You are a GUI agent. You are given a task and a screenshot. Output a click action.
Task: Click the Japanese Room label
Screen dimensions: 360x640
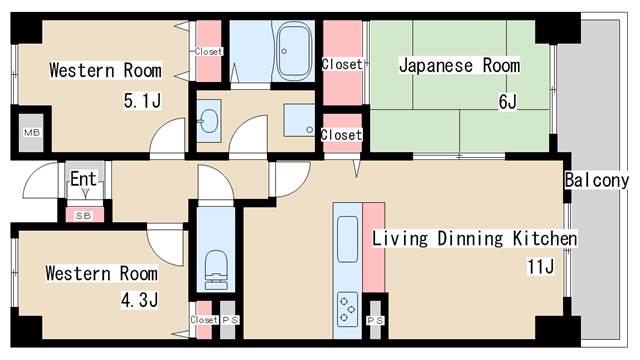coord(459,66)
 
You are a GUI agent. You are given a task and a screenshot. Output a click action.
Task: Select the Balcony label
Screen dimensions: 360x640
coord(596,180)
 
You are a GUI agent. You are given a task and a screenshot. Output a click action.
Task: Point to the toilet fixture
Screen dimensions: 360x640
coord(215,267)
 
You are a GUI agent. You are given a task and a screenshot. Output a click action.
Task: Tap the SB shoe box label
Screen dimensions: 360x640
coord(81,214)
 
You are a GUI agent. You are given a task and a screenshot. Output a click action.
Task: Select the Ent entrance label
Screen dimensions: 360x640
coord(82,178)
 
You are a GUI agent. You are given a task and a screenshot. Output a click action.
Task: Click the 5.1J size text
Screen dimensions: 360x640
coord(140,100)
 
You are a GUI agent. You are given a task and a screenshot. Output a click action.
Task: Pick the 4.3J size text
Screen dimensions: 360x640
coord(136,299)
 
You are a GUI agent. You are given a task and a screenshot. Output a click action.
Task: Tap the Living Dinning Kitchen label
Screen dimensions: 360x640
coord(474,239)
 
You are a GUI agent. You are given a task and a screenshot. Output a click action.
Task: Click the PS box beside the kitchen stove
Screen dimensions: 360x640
coord(375,320)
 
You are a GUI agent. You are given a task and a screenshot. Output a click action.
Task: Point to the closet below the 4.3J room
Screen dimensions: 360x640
coord(203,320)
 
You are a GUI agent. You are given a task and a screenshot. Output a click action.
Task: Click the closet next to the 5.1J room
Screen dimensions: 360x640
coord(209,51)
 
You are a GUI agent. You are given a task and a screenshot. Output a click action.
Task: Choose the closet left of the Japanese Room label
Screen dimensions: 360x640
coord(340,64)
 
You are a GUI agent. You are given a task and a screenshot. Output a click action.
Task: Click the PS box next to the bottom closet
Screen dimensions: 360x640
coord(229,320)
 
